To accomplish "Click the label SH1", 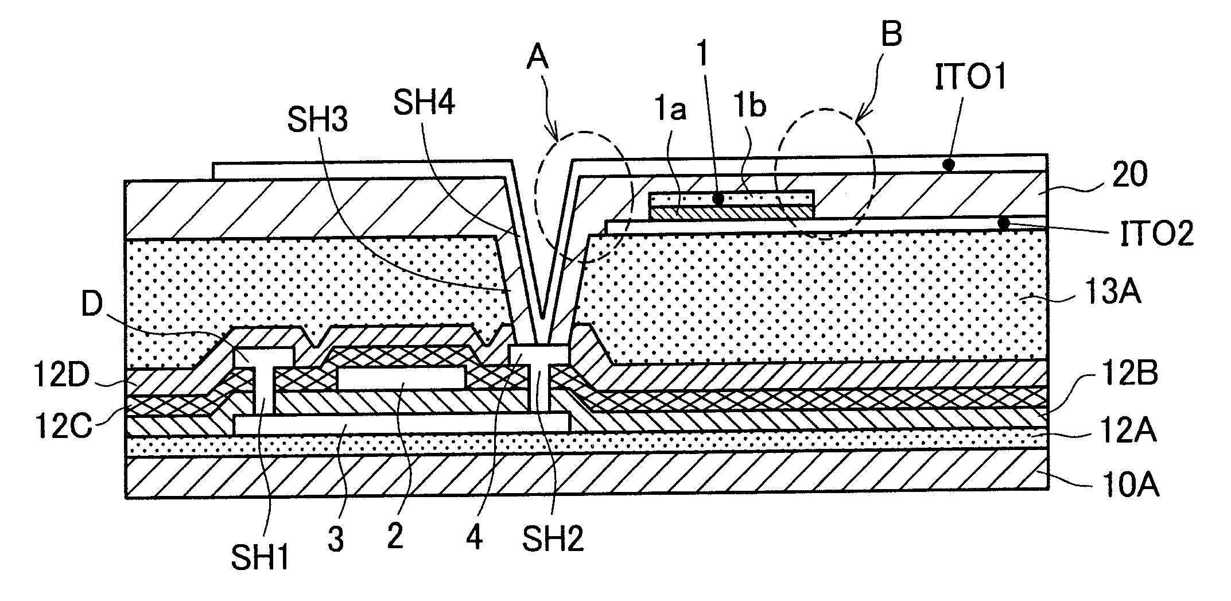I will pyautogui.click(x=260, y=557).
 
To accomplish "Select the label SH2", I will pyautogui.click(x=553, y=540).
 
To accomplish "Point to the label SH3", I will pyautogui.click(x=319, y=122).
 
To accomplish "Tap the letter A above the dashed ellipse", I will pyautogui.click(x=538, y=59).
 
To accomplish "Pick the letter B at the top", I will pyautogui.click(x=891, y=36).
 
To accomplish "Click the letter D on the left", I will pyautogui.click(x=91, y=307).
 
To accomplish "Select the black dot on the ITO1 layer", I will pyautogui.click(x=949, y=165).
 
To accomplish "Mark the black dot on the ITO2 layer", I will pyautogui.click(x=1003, y=223).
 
